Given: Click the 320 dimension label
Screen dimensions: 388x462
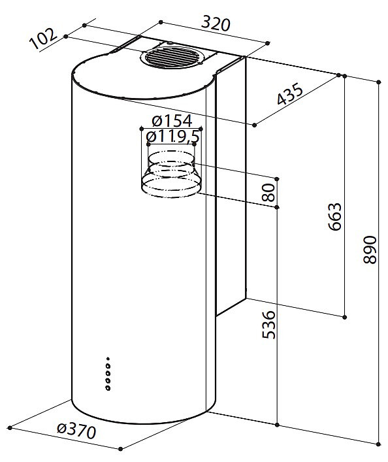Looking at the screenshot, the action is [x=216, y=24].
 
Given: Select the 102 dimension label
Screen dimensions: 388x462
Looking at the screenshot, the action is [x=43, y=39].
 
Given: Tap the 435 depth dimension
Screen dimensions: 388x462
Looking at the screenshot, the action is [x=290, y=93].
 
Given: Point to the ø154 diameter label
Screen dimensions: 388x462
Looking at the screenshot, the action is [x=172, y=120].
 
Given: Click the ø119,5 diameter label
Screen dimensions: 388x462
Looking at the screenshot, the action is [x=173, y=136].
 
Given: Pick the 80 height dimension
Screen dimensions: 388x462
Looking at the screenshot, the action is [x=268, y=192].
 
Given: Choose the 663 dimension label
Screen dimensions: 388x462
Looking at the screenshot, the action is [x=334, y=216].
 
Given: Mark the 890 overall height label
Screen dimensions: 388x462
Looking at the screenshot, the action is [x=370, y=250].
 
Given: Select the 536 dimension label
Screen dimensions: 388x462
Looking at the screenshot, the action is [x=268, y=324].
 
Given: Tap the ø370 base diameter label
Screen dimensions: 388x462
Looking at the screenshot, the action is [x=76, y=431].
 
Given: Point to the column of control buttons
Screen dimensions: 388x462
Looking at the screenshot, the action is [x=108, y=374].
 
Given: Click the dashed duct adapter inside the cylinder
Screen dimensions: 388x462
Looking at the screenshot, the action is [x=171, y=174].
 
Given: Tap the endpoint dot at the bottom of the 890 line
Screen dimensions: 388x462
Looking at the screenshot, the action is [x=379, y=444].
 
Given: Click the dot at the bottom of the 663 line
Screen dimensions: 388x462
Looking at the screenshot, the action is [x=345, y=317].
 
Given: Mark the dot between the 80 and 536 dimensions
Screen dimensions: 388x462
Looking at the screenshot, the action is [x=277, y=207].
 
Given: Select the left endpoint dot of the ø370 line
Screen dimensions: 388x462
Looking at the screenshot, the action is [x=10, y=427].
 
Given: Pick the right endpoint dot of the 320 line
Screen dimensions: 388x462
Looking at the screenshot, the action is [x=268, y=43].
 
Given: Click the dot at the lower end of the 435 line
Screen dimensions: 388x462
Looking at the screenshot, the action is [x=255, y=125].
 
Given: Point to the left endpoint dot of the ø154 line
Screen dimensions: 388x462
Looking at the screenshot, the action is [x=142, y=129].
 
